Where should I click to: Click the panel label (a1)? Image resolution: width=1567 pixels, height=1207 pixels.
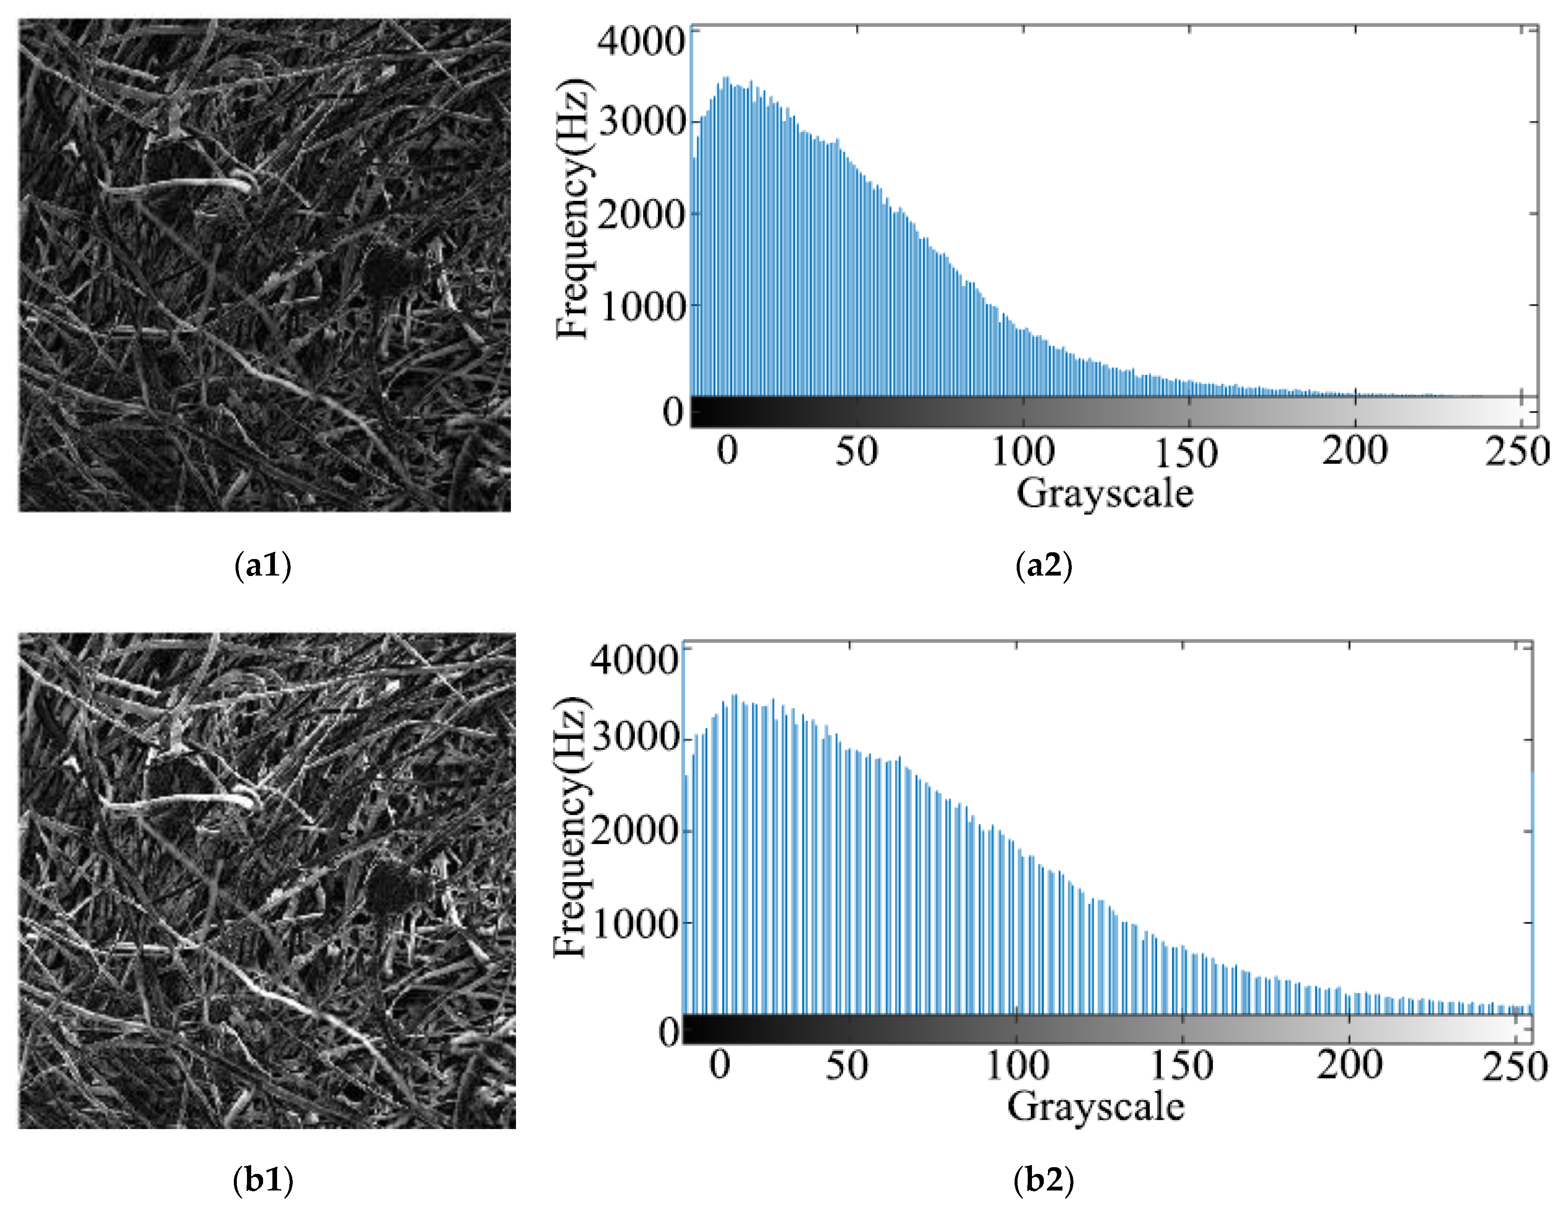[263, 567]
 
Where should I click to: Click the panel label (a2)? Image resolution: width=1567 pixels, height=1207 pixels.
[1044, 567]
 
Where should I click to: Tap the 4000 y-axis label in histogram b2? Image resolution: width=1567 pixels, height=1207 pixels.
[634, 659]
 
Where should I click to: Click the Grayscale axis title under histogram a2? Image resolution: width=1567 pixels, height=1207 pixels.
[1105, 493]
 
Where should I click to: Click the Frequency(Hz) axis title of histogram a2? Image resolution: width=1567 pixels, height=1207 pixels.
[574, 208]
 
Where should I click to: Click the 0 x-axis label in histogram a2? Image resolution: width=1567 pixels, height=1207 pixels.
[727, 452]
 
